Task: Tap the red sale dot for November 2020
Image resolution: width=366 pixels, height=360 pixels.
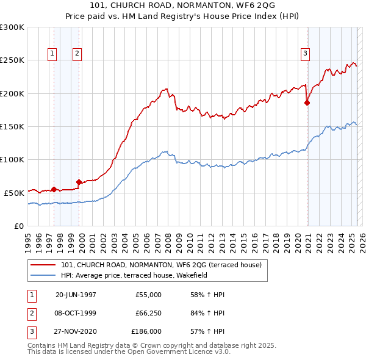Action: (x=307, y=103)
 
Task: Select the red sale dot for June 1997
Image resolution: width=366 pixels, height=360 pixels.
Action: (x=54, y=189)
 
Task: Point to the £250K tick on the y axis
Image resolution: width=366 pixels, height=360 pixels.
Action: (x=13, y=60)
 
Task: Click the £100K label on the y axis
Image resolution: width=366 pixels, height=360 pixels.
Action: (x=13, y=160)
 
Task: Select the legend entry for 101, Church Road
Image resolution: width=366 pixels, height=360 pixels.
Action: (x=161, y=265)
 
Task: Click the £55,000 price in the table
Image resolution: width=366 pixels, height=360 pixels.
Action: (x=148, y=295)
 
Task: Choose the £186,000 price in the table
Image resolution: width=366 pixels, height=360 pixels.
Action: (x=146, y=332)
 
